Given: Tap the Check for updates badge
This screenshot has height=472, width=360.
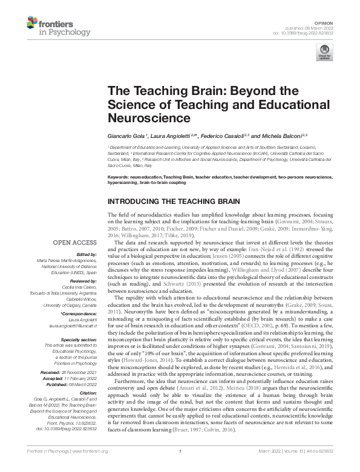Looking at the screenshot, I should point(324,53).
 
